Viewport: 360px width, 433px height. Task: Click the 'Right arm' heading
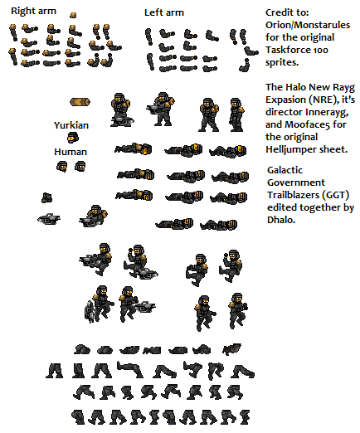tap(33, 11)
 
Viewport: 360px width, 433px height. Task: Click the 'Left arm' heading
tap(164, 12)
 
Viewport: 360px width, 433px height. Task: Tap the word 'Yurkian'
tap(71, 125)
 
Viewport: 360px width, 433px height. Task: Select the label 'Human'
tap(71, 152)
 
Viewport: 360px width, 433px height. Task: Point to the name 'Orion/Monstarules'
tap(308, 25)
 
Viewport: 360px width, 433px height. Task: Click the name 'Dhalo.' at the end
tap(281, 220)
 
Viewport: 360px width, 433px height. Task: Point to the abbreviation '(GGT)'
tap(336, 195)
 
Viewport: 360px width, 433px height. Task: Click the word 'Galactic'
tap(285, 170)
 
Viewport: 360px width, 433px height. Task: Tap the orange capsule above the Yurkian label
tap(80, 102)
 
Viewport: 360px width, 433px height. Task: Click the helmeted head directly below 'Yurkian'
tap(73, 138)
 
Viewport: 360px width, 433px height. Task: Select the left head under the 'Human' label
tap(61, 167)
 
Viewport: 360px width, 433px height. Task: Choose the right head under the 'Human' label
tap(80, 167)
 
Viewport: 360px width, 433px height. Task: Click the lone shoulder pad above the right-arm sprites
tap(73, 15)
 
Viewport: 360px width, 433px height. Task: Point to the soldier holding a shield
tap(99, 304)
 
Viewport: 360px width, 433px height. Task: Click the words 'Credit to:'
tap(287, 12)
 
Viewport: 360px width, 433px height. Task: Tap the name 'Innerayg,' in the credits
tap(327, 112)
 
